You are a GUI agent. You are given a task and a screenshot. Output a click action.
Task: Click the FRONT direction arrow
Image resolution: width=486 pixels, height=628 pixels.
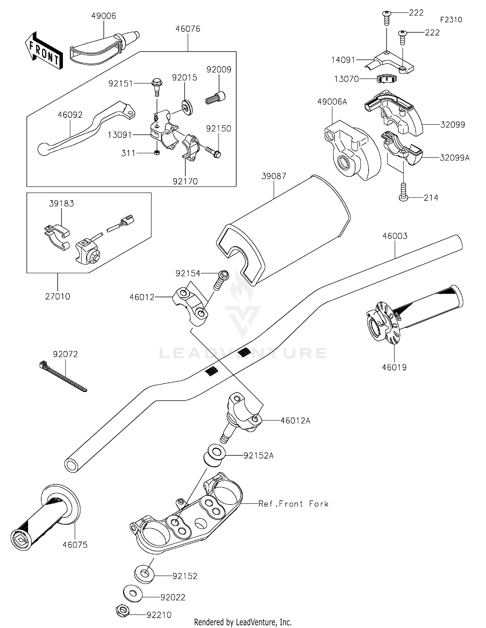pyautogui.click(x=43, y=51)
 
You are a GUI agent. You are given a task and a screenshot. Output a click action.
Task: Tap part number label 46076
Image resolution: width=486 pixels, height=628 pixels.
pyautogui.click(x=188, y=29)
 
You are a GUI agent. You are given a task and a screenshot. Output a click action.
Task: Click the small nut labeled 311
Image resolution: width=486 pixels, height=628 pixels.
pyautogui.click(x=156, y=153)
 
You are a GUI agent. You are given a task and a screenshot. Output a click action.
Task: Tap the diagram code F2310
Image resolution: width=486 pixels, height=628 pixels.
pyautogui.click(x=451, y=20)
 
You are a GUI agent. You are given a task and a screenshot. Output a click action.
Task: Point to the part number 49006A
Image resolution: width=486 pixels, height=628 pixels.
pyautogui.click(x=332, y=102)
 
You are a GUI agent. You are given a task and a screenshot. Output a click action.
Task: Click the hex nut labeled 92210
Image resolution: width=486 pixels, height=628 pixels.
pyautogui.click(x=122, y=611)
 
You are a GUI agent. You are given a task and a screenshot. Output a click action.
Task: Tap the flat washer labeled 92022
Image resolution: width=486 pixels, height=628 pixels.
pyautogui.click(x=133, y=593)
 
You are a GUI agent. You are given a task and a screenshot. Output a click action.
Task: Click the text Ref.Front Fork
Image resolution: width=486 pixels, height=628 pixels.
pyautogui.click(x=293, y=504)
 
